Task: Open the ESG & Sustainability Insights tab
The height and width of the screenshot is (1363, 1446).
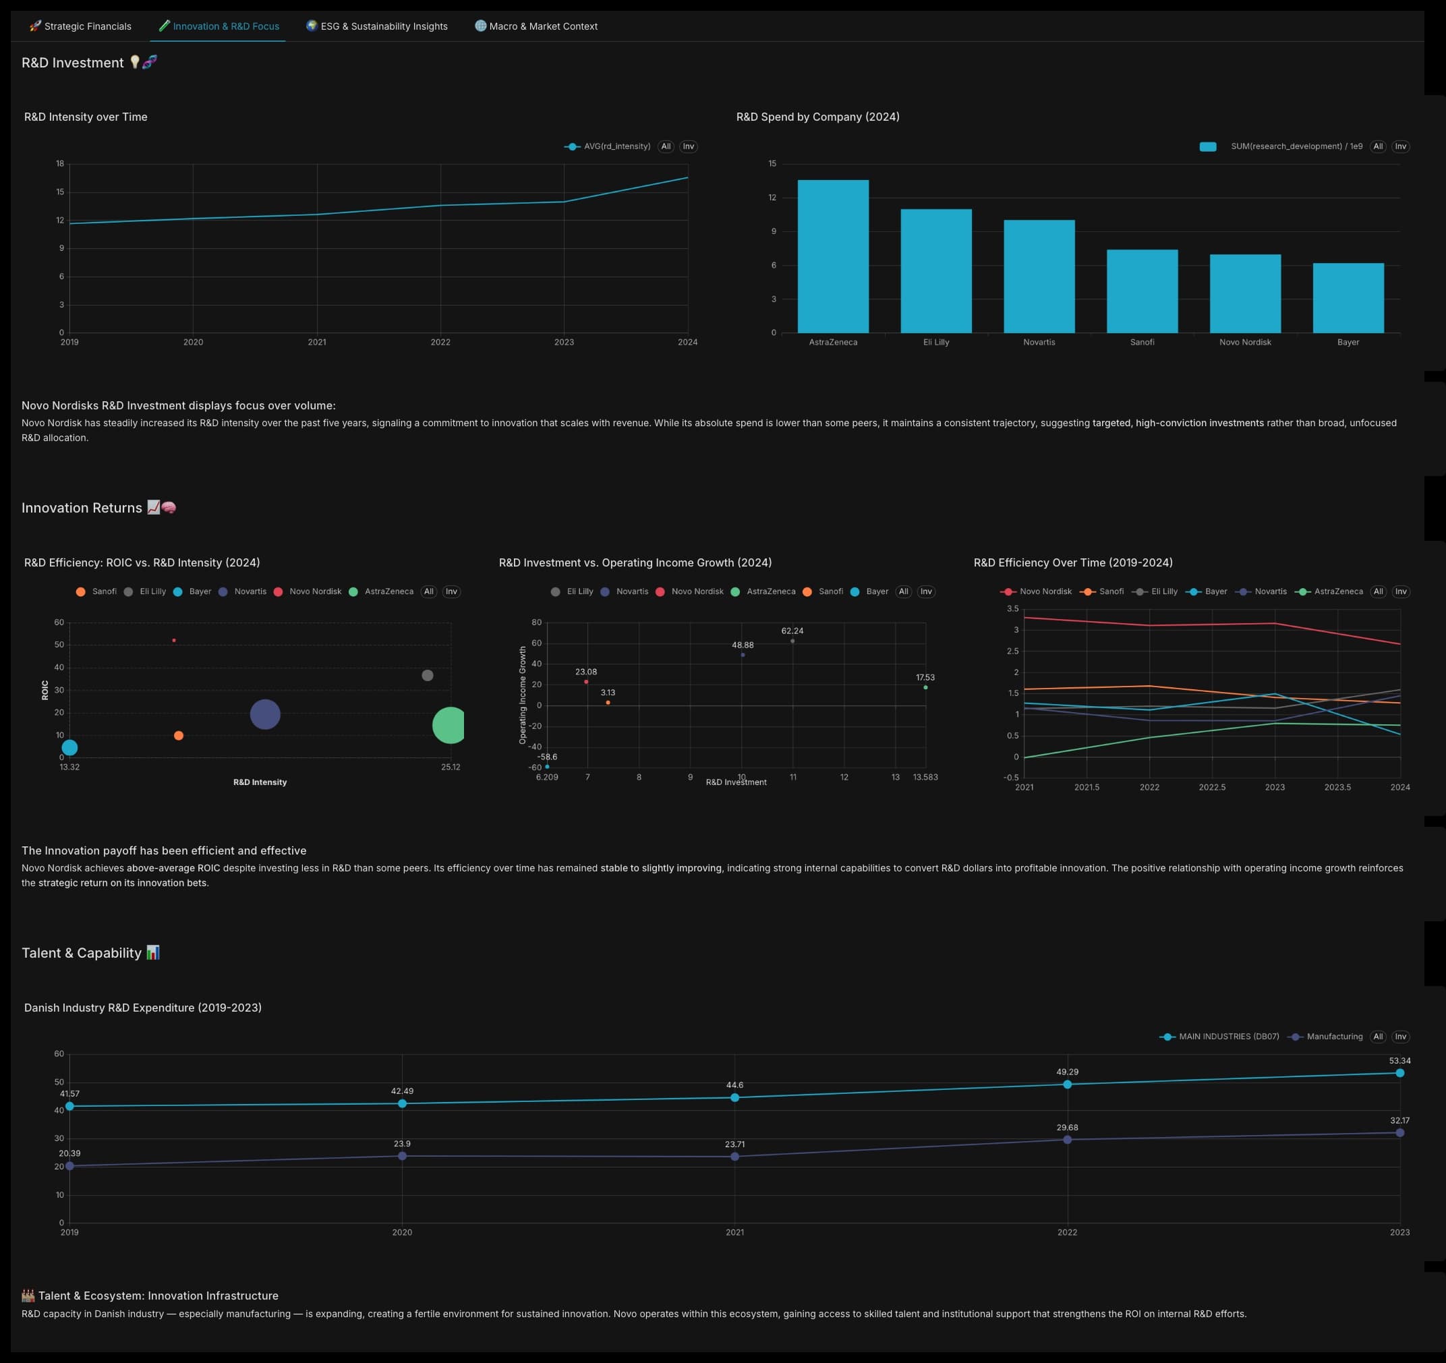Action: [x=377, y=26]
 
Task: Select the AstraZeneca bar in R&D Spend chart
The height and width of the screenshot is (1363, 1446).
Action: [x=833, y=256]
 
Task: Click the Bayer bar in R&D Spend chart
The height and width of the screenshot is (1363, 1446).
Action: [x=1348, y=298]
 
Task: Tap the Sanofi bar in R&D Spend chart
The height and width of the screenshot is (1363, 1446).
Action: [x=1142, y=291]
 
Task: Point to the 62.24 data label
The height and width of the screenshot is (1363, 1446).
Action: [x=792, y=631]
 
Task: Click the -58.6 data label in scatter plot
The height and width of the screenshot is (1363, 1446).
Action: [x=547, y=757]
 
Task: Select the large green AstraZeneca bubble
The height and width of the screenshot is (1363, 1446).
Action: [x=449, y=725]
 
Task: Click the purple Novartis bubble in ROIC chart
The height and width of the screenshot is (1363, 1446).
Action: [x=265, y=714]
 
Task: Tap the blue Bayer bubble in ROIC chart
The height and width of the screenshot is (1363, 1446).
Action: [x=69, y=747]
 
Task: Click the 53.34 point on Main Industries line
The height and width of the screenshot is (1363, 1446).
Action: [x=1399, y=1073]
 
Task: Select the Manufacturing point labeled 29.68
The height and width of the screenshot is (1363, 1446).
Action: [x=1067, y=1140]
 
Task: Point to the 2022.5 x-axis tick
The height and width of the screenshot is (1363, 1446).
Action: [x=1212, y=787]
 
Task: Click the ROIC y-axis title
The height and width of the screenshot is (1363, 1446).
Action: [x=45, y=689]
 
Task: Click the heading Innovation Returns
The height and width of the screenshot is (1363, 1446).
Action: [x=82, y=508]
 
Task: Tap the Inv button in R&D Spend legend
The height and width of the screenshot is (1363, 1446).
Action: [x=1400, y=146]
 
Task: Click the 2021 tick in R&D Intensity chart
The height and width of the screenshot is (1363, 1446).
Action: [x=316, y=342]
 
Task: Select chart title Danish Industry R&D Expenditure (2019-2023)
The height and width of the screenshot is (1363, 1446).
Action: [x=142, y=1008]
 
